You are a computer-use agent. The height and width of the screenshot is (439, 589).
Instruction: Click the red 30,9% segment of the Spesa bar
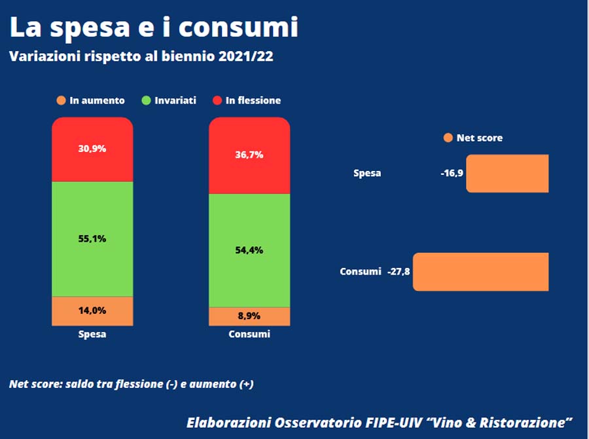click(x=92, y=149)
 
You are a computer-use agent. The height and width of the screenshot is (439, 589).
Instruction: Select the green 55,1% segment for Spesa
click(x=92, y=239)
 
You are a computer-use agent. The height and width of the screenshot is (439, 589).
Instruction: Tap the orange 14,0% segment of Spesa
click(x=92, y=311)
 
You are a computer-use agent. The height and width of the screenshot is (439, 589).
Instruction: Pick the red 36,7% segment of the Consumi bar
click(x=249, y=155)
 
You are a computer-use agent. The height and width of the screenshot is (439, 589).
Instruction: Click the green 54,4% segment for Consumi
click(x=249, y=250)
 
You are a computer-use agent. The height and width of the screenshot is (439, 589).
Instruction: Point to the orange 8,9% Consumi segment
click(x=249, y=316)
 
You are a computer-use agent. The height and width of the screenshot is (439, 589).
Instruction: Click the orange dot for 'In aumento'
click(x=62, y=100)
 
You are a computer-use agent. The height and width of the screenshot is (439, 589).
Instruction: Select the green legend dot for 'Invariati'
click(x=147, y=100)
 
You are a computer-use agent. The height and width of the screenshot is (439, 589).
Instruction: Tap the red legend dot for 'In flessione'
click(x=218, y=100)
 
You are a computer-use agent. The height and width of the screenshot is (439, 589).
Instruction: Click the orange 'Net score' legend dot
click(x=448, y=138)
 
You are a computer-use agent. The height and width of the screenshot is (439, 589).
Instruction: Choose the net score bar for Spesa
click(x=507, y=174)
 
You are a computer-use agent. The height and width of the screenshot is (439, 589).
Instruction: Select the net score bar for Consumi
click(x=481, y=271)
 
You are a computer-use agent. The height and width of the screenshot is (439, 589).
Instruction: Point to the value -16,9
click(x=452, y=174)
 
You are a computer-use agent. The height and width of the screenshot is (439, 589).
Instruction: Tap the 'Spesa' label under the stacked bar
click(x=92, y=334)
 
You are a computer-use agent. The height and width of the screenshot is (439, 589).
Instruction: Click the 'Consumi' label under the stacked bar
click(x=249, y=334)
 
